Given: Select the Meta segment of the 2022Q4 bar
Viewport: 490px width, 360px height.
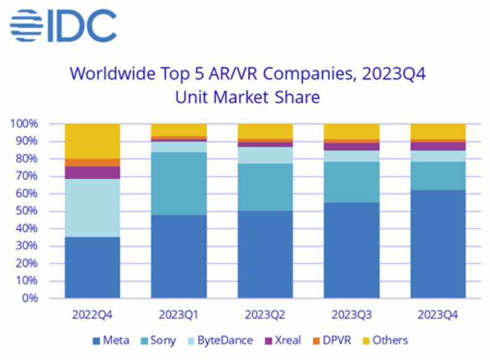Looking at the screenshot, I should tap(93, 267).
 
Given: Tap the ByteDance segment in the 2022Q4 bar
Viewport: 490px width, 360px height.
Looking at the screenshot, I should tap(93, 207).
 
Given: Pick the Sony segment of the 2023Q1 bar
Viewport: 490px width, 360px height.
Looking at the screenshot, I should tap(179, 183).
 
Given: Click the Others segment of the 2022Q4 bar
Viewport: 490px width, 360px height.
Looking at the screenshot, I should tap(93, 141).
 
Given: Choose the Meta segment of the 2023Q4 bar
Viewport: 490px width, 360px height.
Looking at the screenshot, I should tap(438, 243).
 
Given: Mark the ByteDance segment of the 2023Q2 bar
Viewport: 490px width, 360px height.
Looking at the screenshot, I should tap(265, 155).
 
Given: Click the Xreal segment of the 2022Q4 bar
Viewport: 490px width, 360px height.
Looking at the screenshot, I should tap(93, 172).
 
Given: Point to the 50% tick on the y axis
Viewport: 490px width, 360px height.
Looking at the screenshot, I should tap(28, 211).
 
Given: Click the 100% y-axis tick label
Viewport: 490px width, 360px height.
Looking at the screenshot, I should tap(25, 124).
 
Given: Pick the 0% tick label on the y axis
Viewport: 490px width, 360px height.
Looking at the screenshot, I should tap(31, 298).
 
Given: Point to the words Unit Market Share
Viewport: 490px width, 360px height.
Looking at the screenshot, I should tap(247, 97).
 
